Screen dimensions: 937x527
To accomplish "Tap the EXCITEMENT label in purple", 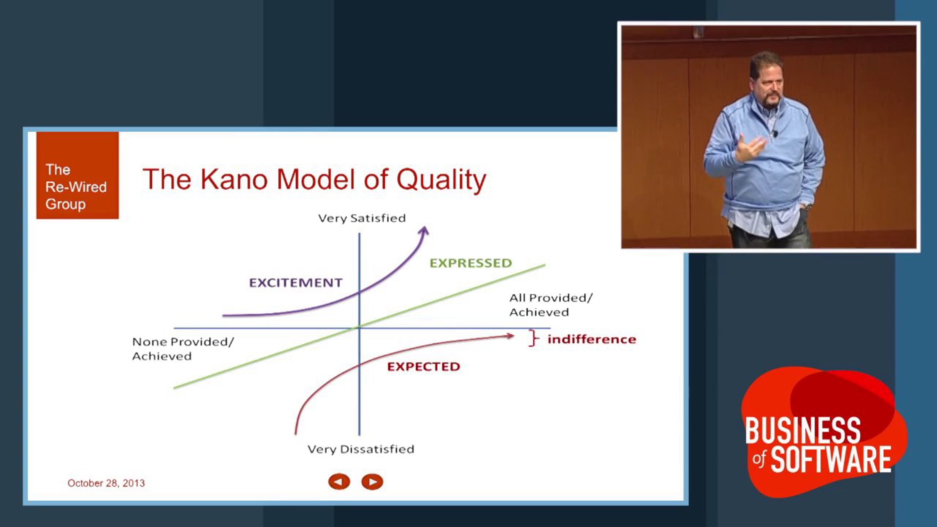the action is click(x=296, y=283).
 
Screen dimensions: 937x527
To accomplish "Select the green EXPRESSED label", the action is click(x=471, y=263).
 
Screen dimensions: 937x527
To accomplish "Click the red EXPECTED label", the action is click(x=424, y=367).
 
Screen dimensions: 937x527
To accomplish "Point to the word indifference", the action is click(x=591, y=339).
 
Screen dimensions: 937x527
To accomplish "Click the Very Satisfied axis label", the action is click(x=362, y=218).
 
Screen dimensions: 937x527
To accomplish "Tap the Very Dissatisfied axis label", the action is click(x=361, y=449).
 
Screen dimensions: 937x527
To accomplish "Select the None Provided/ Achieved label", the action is click(x=183, y=349).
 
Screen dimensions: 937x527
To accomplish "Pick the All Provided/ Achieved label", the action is click(x=551, y=305).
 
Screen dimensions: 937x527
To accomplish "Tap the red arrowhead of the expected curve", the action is click(x=510, y=336).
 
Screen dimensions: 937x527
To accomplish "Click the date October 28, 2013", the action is click(x=106, y=483).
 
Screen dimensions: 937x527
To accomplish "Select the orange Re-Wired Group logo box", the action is click(x=78, y=175).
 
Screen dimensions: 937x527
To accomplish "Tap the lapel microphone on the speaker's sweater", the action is click(x=775, y=134).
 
